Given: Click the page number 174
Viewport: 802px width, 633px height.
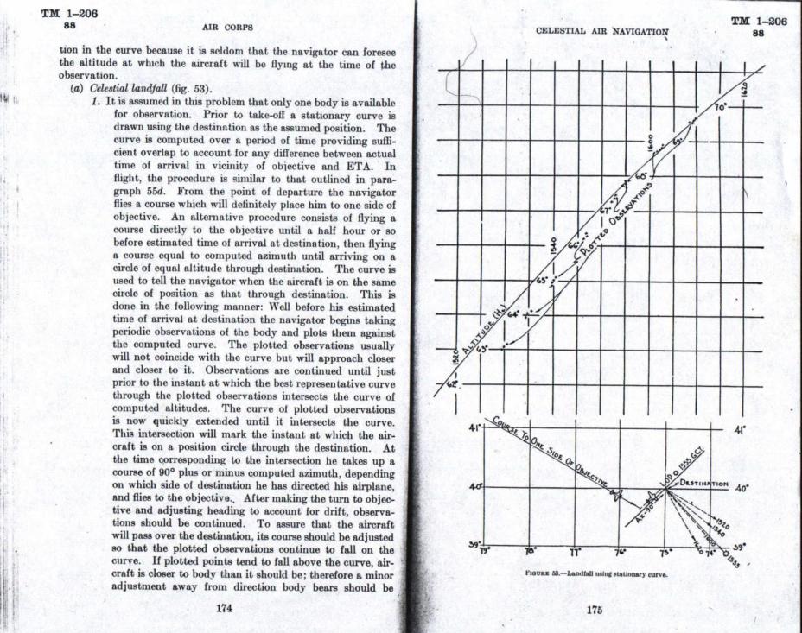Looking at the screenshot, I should point(225,608).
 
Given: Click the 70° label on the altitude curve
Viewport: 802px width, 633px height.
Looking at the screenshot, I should point(720,107).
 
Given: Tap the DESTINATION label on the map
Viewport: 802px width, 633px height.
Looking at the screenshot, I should point(705,483).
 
